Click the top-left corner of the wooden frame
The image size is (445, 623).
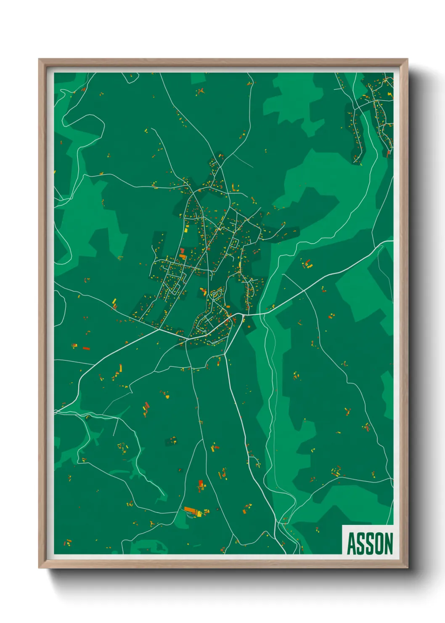(40, 60)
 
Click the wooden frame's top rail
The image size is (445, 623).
(223, 62)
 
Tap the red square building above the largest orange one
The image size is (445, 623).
(201, 483)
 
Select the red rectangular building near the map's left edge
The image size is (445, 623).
(86, 348)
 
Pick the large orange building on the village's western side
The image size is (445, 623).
(183, 256)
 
